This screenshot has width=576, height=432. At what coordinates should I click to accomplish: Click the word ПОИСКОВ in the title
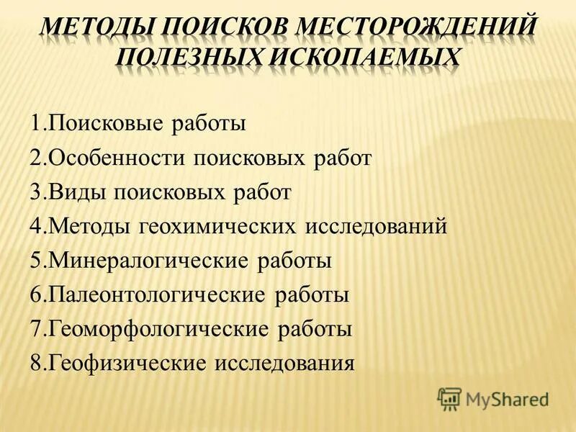tap(226, 27)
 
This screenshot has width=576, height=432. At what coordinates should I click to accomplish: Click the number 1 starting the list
tap(35, 124)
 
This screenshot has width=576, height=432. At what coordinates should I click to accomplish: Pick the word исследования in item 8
tap(285, 363)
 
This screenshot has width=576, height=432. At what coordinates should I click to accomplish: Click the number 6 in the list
tap(35, 294)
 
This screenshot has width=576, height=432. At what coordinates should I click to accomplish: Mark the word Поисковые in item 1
tap(107, 124)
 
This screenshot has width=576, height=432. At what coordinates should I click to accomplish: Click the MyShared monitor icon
tap(449, 397)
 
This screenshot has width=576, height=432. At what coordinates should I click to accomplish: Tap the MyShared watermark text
tap(507, 398)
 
